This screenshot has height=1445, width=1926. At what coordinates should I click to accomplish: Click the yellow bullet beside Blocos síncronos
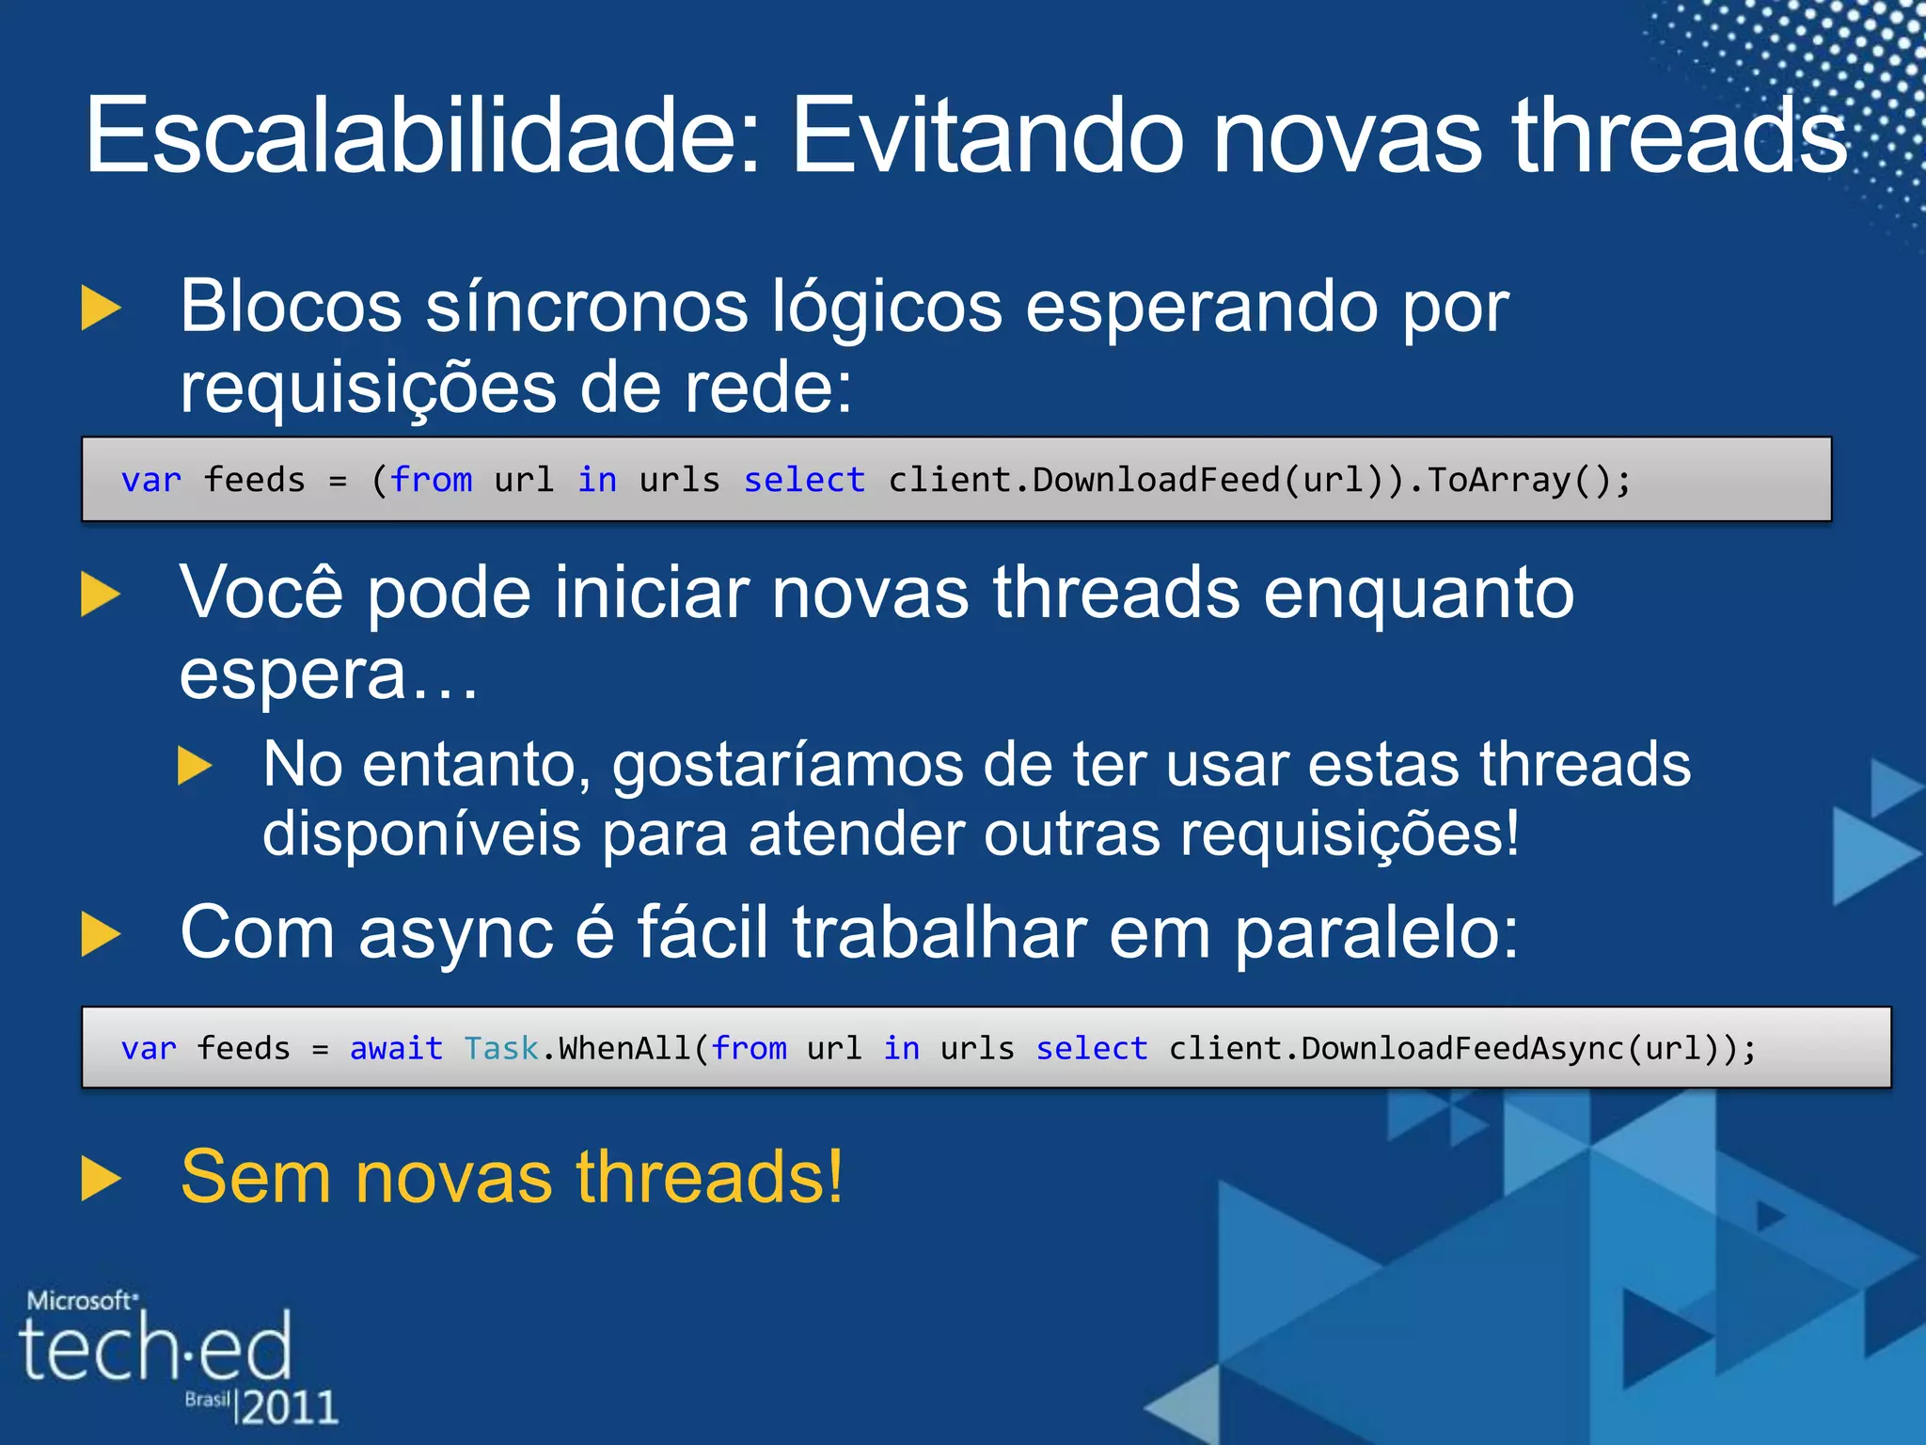pos(102,309)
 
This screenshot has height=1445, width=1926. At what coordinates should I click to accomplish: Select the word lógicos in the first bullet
pos(886,309)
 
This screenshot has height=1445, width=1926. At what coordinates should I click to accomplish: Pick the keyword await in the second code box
pos(396,1048)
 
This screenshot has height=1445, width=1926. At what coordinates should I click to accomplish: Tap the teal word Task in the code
pos(501,1048)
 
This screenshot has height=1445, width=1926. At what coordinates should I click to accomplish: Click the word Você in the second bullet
pos(261,593)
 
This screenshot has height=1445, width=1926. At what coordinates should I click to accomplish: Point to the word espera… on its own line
pos(329,675)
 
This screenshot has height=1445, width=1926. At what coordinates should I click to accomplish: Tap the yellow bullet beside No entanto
pos(195,766)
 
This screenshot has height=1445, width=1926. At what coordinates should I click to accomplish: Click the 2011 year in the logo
pos(290,1407)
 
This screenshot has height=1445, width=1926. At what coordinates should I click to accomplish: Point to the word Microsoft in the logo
pos(81,1301)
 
